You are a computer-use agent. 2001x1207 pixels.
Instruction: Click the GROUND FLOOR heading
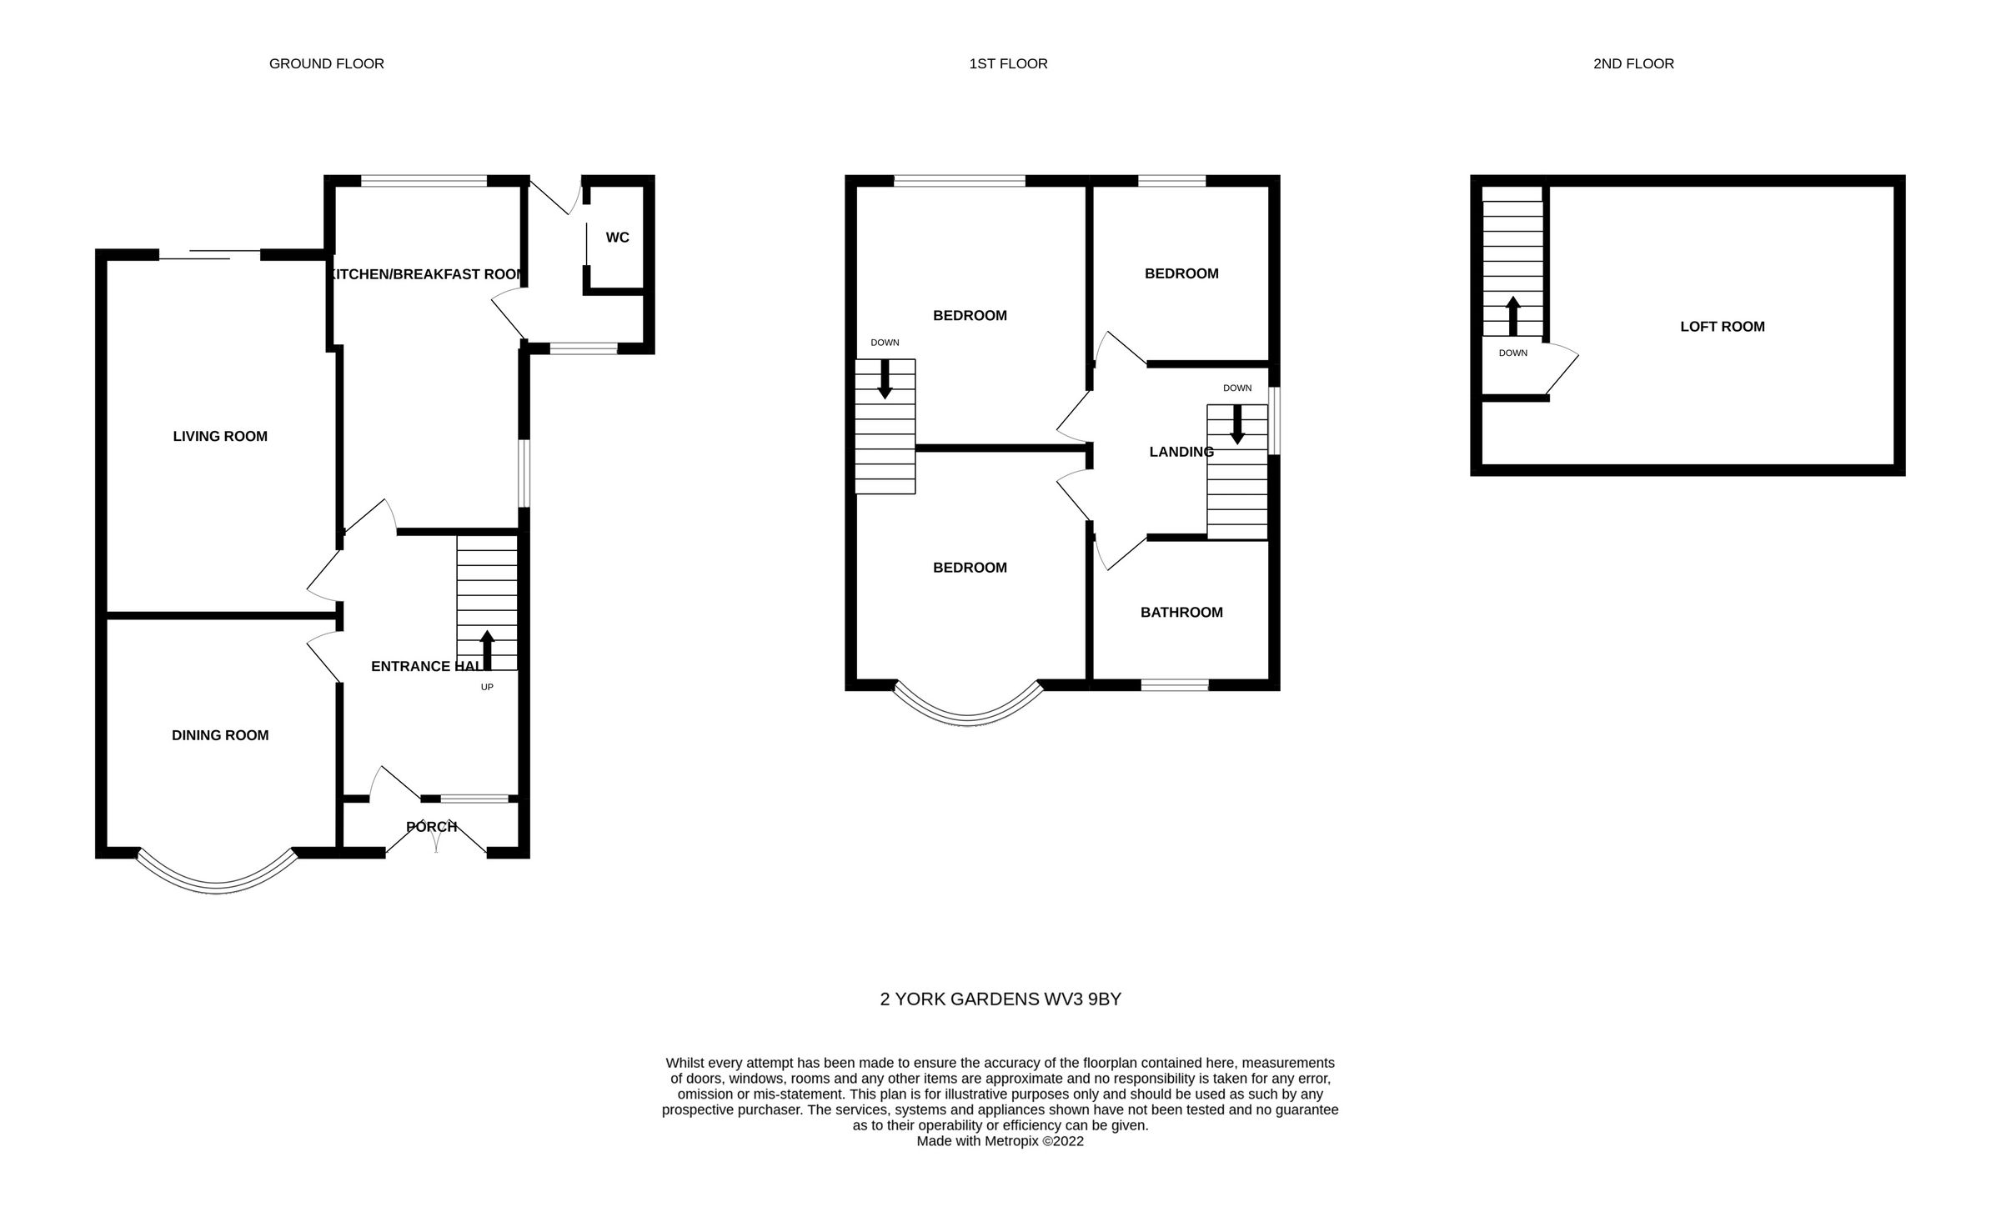tap(326, 63)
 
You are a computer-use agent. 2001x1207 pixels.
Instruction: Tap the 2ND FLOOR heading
tap(1632, 63)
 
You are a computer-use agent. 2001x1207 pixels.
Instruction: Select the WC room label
tap(617, 238)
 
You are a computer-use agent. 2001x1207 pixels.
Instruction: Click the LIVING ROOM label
tap(220, 436)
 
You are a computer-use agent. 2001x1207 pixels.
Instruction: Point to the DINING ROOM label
tap(220, 735)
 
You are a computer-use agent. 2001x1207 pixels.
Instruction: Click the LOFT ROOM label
tap(1722, 327)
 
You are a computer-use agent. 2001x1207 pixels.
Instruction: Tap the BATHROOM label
tap(1181, 613)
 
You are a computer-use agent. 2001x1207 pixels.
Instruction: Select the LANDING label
tap(1181, 452)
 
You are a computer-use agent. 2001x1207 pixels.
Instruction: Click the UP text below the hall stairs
tap(487, 687)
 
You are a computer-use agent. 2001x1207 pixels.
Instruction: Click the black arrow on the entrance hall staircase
tap(487, 650)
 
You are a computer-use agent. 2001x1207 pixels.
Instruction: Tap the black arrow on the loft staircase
tap(1512, 315)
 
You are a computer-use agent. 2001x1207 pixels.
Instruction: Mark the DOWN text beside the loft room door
tap(1512, 353)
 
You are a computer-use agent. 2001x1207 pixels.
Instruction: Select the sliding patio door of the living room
tap(210, 254)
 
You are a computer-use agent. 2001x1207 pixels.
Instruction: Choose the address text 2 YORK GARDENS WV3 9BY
tap(1000, 999)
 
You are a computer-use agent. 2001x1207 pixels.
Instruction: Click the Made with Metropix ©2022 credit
tap(1000, 1141)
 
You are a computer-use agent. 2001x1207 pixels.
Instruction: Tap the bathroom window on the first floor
tap(1174, 685)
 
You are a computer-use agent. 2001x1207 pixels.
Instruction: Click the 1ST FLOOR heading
tap(1008, 63)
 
